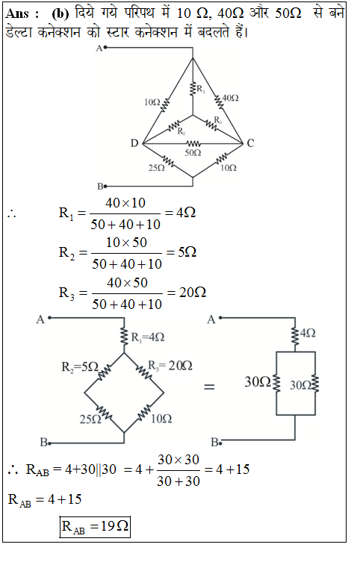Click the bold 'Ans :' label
pyautogui.click(x=22, y=13)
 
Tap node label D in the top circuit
pyautogui.click(x=134, y=143)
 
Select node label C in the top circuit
pyautogui.click(x=250, y=143)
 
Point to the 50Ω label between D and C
pyautogui.click(x=193, y=153)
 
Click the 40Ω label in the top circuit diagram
pyautogui.click(x=230, y=98)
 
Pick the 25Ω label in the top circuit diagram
pyautogui.click(x=157, y=168)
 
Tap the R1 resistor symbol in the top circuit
pyautogui.click(x=193, y=88)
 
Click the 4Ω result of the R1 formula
pyautogui.click(x=186, y=213)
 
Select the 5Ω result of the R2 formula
pyautogui.click(x=187, y=252)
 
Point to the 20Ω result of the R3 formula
pyautogui.click(x=193, y=293)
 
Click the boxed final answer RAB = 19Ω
pyautogui.click(x=95, y=526)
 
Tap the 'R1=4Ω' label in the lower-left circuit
pyautogui.click(x=148, y=337)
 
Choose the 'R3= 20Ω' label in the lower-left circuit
pyautogui.click(x=170, y=366)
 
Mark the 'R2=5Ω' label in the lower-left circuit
pyautogui.click(x=80, y=366)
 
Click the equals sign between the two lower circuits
pyautogui.click(x=209, y=387)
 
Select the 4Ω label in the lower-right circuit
pyautogui.click(x=308, y=334)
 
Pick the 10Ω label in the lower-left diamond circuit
pyautogui.click(x=161, y=419)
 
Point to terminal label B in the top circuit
pyautogui.click(x=100, y=187)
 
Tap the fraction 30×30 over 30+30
pyautogui.click(x=179, y=470)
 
